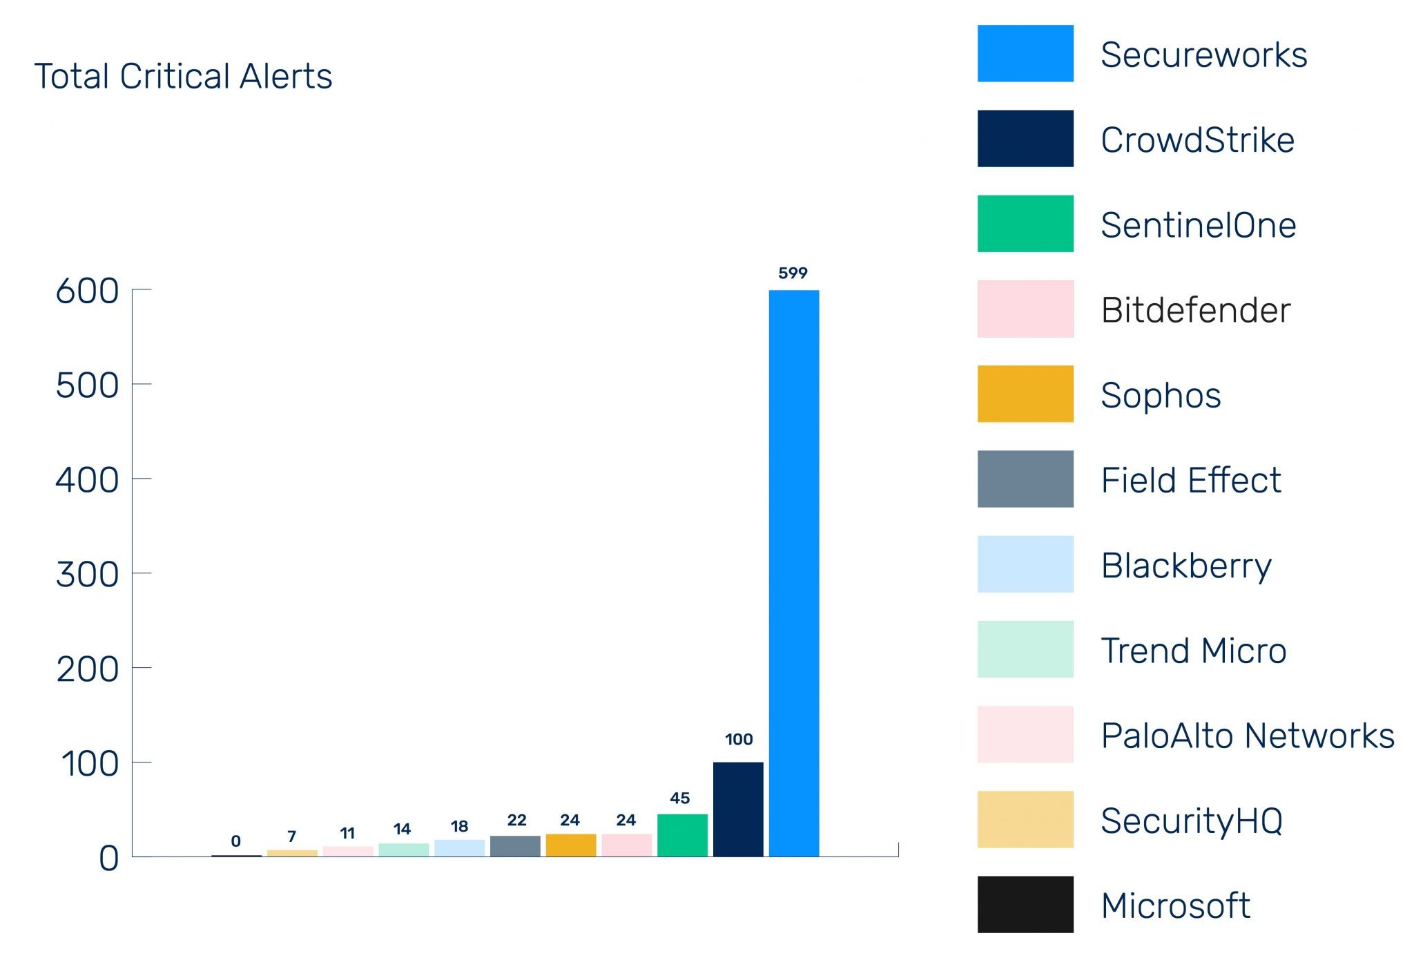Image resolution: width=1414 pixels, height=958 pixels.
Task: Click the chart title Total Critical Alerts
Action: click(183, 76)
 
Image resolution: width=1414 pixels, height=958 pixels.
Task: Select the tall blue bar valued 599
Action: click(794, 573)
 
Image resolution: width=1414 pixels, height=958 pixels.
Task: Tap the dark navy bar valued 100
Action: click(738, 809)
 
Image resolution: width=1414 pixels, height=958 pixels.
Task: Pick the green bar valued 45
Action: click(682, 835)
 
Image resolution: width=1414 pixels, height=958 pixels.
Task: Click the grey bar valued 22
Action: click(515, 846)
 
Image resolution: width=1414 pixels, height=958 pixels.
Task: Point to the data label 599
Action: click(793, 274)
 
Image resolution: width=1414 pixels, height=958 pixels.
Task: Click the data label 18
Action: click(459, 826)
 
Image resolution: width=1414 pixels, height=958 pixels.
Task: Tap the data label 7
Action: click(292, 836)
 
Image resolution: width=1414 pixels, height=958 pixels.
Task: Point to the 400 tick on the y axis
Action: click(87, 479)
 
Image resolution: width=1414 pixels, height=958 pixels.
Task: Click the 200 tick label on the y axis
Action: click(87, 669)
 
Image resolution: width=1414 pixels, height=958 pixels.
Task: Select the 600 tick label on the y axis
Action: click(87, 291)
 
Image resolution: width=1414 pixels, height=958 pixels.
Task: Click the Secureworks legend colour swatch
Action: click(1025, 54)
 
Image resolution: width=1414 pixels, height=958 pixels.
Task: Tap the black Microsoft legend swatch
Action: click(1025, 904)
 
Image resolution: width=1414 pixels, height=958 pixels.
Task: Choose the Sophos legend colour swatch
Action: click(1025, 394)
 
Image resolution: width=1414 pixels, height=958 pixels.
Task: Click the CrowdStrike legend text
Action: click(1197, 140)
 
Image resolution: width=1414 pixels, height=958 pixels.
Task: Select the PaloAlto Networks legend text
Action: click(1247, 736)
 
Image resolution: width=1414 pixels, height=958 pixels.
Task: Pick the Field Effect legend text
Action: click(1191, 480)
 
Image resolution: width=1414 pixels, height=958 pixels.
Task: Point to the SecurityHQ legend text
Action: click(1192, 821)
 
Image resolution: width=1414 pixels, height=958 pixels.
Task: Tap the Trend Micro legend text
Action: click(1193, 651)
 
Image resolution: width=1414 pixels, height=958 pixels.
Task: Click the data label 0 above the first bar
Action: click(236, 841)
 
